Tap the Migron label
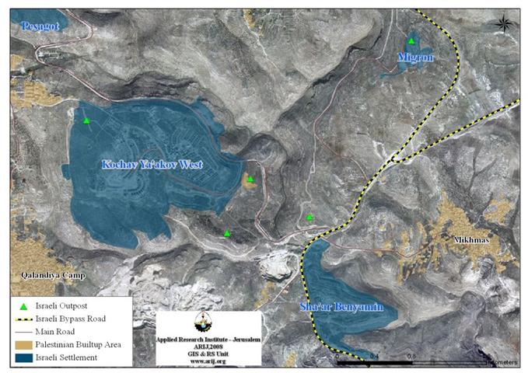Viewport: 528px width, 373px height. pos(414,58)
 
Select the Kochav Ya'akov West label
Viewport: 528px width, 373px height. pos(152,165)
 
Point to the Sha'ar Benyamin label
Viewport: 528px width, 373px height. pos(342,308)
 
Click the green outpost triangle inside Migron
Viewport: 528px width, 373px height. pos(411,40)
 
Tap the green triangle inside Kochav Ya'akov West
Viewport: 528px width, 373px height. pos(87,120)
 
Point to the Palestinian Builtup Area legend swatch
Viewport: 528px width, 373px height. pos(24,345)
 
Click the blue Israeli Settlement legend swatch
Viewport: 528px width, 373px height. pos(24,358)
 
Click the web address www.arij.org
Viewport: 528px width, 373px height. pos(208,361)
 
